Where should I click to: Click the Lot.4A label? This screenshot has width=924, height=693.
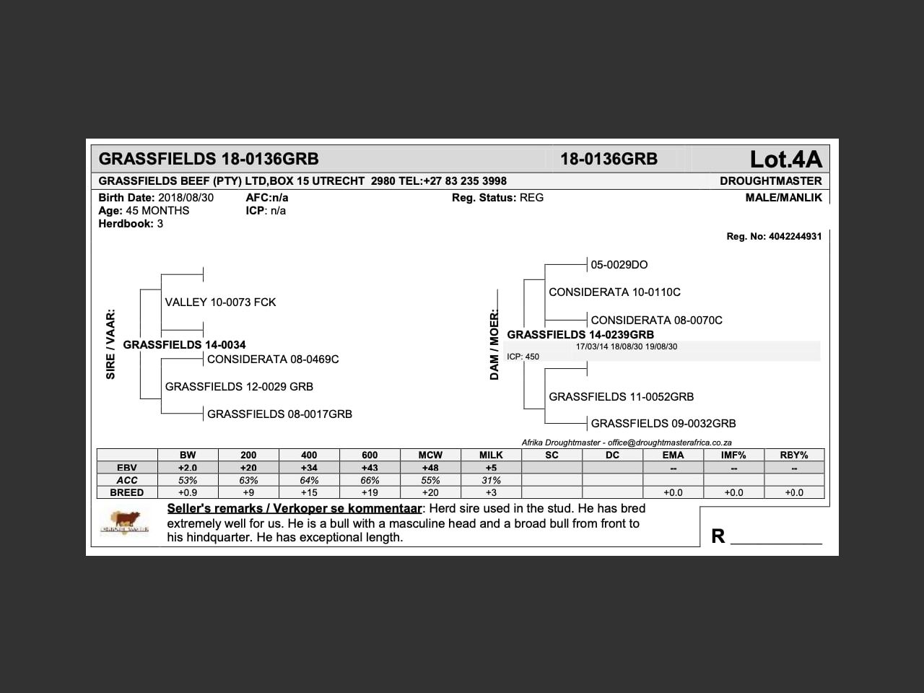coord(785,159)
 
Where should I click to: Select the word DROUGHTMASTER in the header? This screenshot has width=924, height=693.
coord(770,180)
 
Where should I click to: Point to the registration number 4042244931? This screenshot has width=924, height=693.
coord(794,236)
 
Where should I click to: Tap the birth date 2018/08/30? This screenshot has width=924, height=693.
coord(186,198)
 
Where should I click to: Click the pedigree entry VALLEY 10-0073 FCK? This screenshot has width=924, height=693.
coord(220,302)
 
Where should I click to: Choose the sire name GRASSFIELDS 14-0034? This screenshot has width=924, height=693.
coord(184,345)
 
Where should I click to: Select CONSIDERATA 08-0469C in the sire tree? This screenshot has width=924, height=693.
coord(273,359)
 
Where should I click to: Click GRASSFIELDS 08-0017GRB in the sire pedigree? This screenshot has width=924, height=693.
coord(279,414)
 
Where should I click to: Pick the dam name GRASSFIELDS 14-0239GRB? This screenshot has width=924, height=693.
coord(580,335)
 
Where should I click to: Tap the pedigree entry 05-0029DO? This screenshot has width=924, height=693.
coord(619,265)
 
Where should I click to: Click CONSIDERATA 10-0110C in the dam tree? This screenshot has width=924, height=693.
coord(614,292)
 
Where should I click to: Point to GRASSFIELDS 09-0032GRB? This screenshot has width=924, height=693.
coord(663,424)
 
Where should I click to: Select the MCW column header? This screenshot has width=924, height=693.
coord(430,456)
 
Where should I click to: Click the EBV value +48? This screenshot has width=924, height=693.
coord(430,468)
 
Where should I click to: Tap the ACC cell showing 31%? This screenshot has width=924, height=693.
coord(491,480)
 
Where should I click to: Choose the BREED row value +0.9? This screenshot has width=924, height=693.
coord(188,492)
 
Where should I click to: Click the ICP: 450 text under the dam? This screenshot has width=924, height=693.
coord(523,357)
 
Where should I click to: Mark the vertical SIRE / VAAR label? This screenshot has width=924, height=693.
coord(110,344)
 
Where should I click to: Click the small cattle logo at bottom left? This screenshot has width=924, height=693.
coord(126,521)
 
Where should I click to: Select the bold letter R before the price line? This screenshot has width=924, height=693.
coord(718,536)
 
